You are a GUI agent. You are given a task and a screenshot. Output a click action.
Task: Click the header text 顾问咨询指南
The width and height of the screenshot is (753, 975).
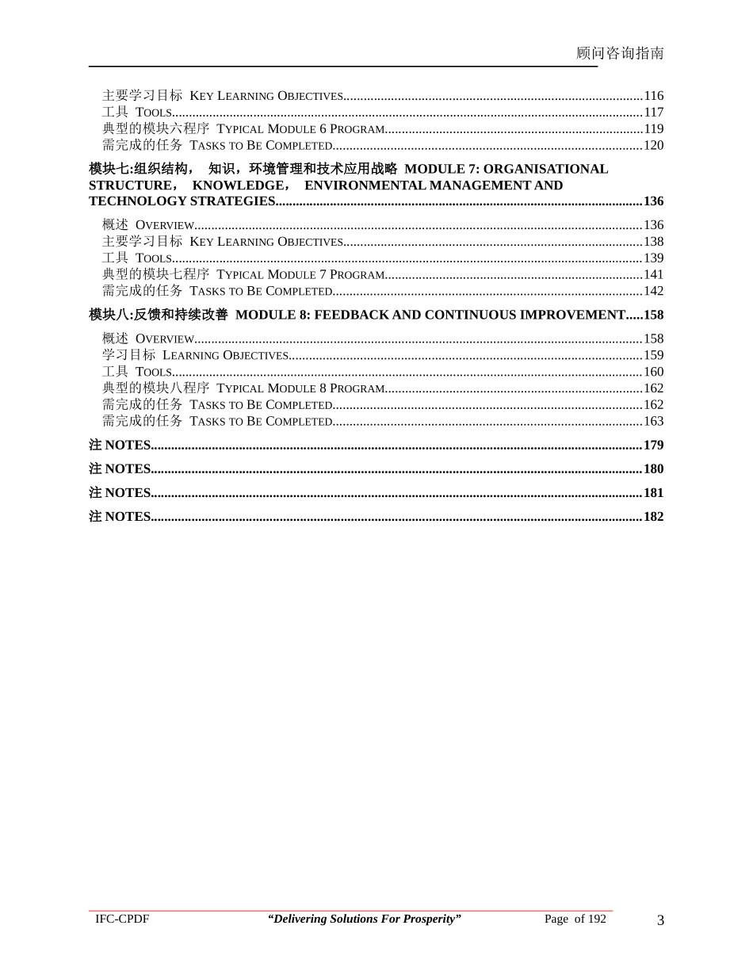(620, 53)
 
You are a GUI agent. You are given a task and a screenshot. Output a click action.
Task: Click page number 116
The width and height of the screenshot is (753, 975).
(653, 96)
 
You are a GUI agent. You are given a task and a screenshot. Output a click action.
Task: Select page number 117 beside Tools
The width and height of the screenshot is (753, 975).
(653, 113)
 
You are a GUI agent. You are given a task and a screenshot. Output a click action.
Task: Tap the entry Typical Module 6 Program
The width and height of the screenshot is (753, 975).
(300, 129)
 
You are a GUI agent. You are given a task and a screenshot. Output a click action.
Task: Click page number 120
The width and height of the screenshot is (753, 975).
(653, 146)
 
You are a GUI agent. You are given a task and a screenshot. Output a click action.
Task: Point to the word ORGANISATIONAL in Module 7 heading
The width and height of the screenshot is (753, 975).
(546, 169)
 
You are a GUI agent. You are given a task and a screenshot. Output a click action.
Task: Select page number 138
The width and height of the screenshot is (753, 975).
(653, 242)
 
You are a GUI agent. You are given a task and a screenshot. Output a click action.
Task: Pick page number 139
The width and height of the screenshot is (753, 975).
(653, 258)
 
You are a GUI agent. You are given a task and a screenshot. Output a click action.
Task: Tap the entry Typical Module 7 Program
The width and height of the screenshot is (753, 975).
(300, 275)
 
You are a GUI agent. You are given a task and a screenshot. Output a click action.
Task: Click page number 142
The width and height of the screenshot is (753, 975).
(653, 291)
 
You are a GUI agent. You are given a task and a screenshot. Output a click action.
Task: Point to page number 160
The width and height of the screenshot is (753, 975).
(653, 372)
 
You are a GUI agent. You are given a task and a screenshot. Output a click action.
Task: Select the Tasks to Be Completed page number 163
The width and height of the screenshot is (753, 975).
(653, 421)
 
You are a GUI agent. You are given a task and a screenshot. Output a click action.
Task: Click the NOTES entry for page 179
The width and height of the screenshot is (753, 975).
(120, 445)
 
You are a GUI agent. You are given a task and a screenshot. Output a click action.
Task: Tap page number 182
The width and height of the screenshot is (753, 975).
(653, 517)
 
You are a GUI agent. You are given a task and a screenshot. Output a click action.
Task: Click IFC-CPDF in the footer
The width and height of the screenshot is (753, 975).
(122, 920)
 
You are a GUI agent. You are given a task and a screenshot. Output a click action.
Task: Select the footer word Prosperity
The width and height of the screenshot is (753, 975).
(429, 920)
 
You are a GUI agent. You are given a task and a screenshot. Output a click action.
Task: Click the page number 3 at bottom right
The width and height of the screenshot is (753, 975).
(660, 920)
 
